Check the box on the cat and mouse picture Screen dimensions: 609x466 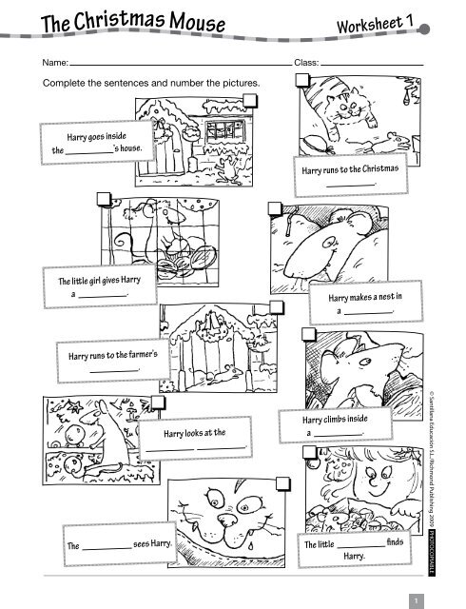(x=301, y=80)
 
